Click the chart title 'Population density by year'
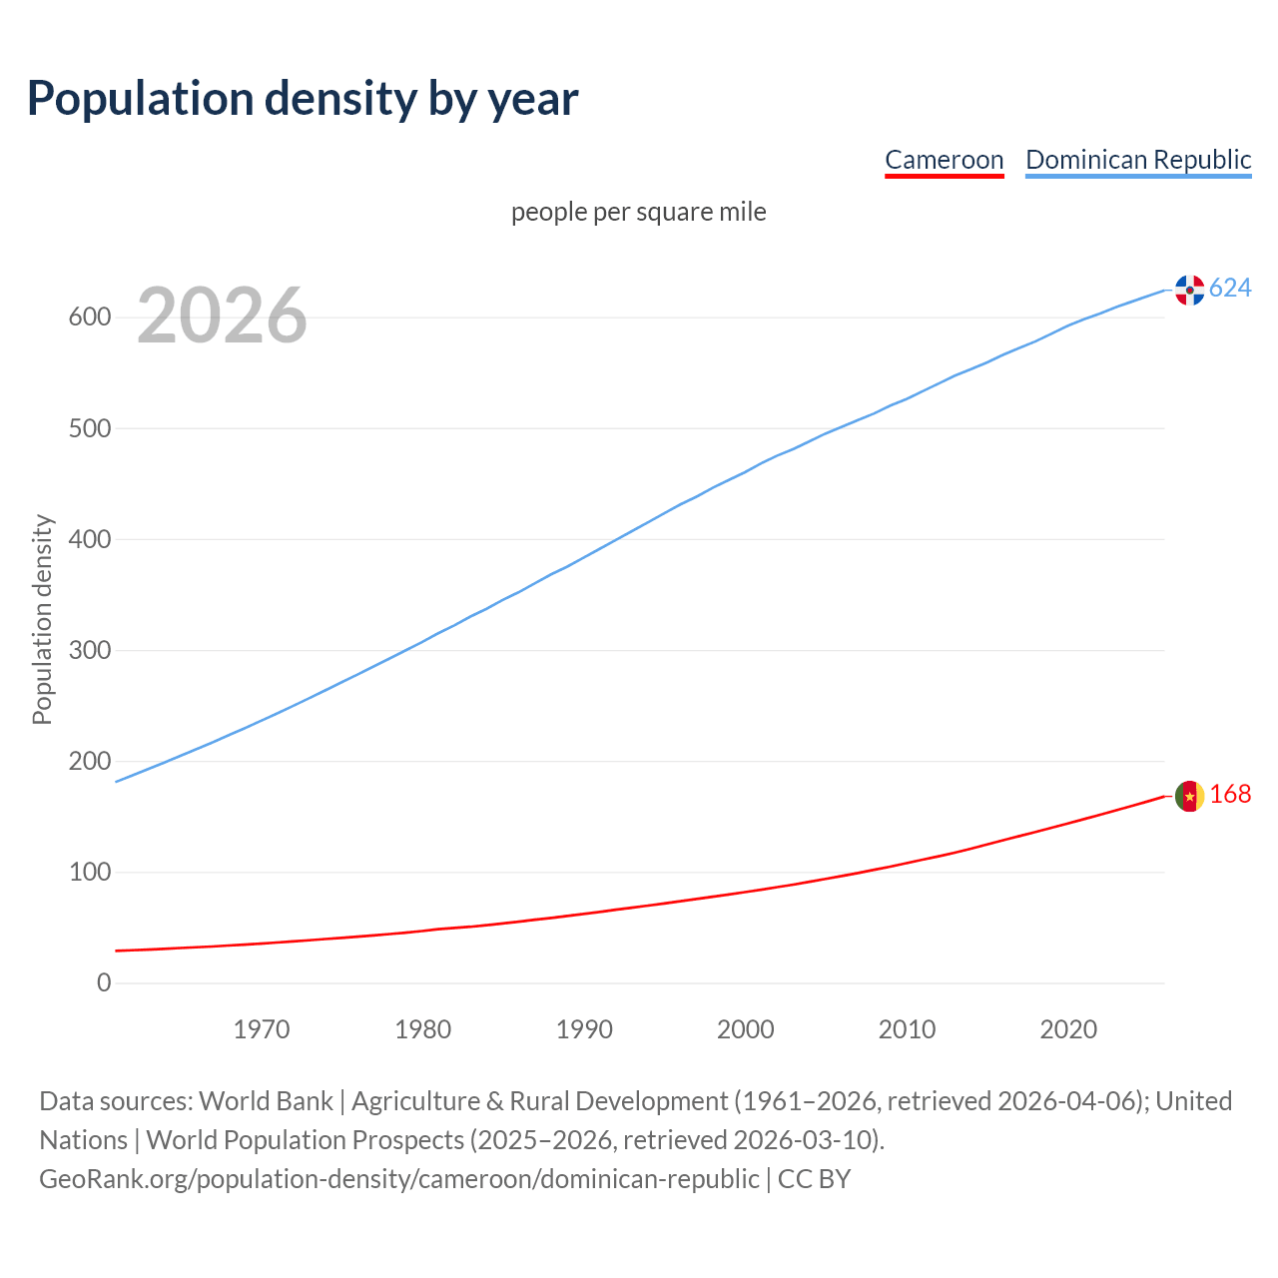click(x=303, y=99)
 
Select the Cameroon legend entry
click(x=944, y=160)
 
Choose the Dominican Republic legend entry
click(x=1138, y=160)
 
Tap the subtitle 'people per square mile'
click(x=639, y=212)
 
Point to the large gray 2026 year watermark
click(x=222, y=316)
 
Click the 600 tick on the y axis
click(x=89, y=318)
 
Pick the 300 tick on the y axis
click(x=89, y=650)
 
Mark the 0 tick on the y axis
click(x=104, y=982)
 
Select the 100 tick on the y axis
click(x=89, y=872)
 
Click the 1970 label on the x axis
click(x=262, y=1029)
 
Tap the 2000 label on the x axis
click(x=746, y=1029)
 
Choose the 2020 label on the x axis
click(x=1068, y=1029)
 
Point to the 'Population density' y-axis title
click(x=42, y=619)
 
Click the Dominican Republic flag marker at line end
click(x=1189, y=290)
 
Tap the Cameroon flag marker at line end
click(x=1189, y=796)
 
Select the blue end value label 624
click(x=1230, y=289)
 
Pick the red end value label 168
click(x=1230, y=795)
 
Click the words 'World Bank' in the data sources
click(x=266, y=1101)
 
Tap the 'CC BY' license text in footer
click(x=814, y=1179)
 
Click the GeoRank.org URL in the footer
click(x=399, y=1179)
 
